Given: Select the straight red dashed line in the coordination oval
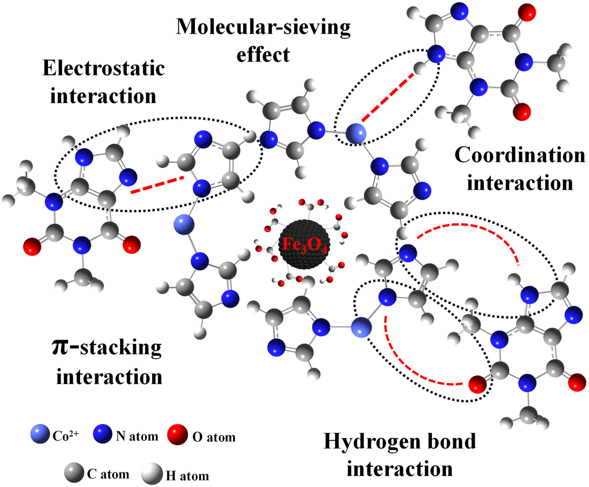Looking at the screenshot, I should (x=387, y=97).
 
